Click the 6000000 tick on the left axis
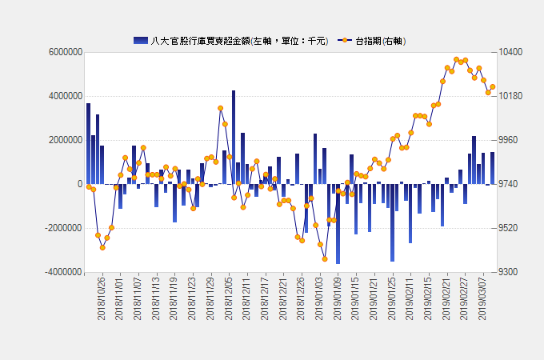(x=66, y=52)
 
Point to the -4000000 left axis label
(x=63, y=272)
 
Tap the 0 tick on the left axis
(x=80, y=184)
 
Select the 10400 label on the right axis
(x=510, y=52)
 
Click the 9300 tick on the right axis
(x=508, y=272)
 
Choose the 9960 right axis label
(x=508, y=140)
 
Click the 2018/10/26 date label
(x=101, y=298)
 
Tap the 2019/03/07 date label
(x=482, y=298)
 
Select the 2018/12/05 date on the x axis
(x=228, y=298)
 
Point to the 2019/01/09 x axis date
(x=338, y=298)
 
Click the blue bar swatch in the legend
(x=141, y=41)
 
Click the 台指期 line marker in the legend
(x=345, y=41)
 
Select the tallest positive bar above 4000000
(x=234, y=138)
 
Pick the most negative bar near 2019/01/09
(x=338, y=224)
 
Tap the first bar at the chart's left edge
(x=89, y=143)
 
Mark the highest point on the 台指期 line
(x=456, y=60)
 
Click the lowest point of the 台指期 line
(x=325, y=259)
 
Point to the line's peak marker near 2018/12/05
(x=220, y=108)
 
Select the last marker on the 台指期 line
(x=493, y=86)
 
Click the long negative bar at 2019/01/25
(x=392, y=222)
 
